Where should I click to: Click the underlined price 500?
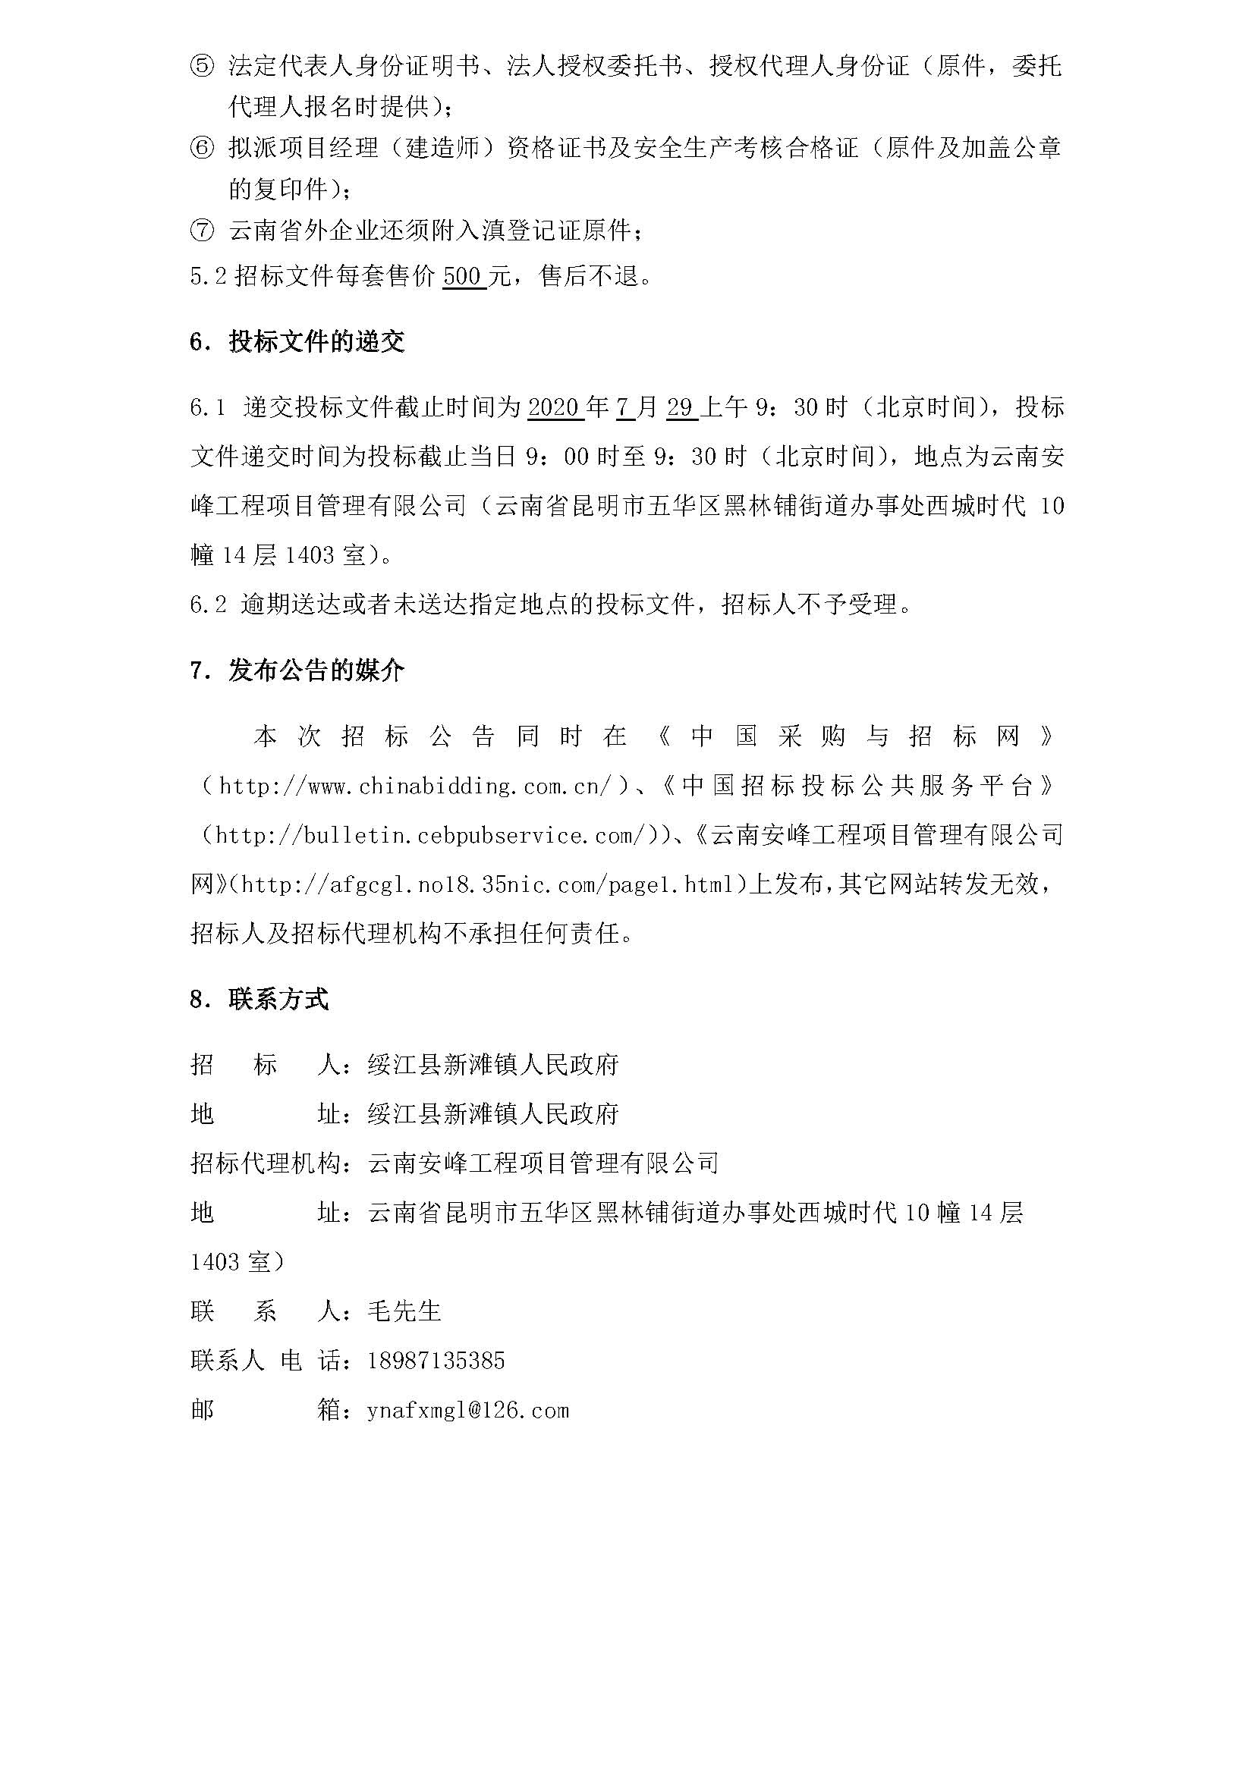tap(464, 276)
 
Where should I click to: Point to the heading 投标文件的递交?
tap(316, 341)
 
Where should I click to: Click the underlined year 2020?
tap(555, 407)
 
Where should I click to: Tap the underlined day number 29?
tap(681, 407)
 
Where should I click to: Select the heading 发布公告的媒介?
tap(316, 670)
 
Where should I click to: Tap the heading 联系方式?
tap(278, 1000)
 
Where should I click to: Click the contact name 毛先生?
tap(404, 1311)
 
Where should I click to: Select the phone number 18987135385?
tap(436, 1361)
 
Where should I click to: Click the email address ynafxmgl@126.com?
tap(468, 1410)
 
